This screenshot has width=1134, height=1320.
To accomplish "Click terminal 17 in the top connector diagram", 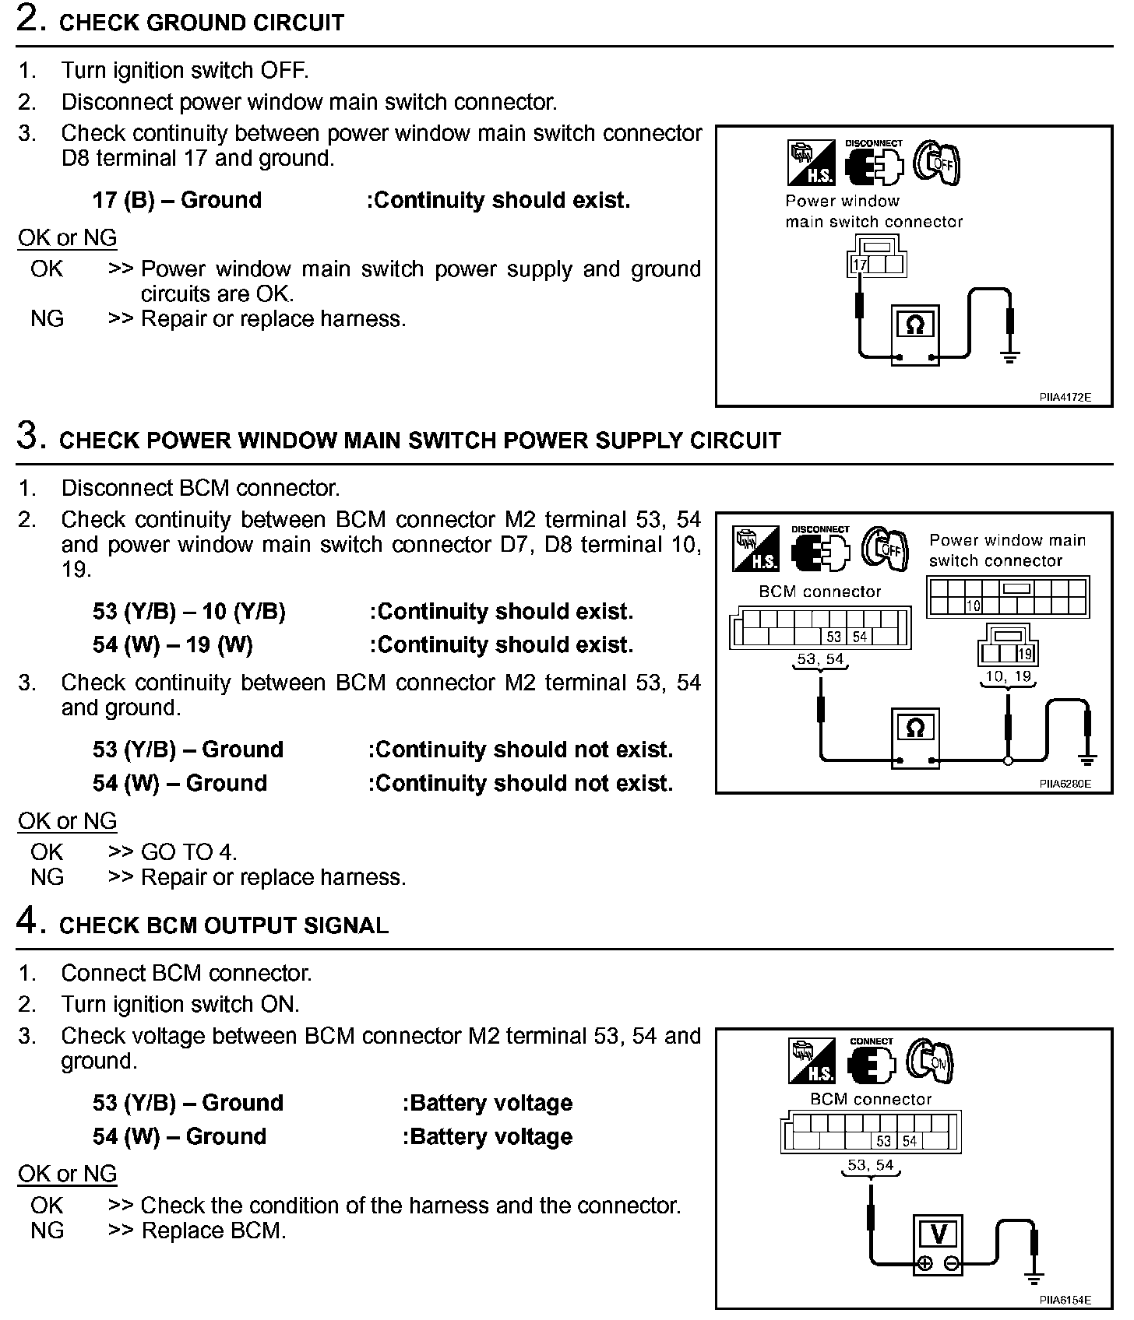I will pyautogui.click(x=859, y=265).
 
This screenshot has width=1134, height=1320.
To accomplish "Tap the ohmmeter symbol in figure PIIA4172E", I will pyautogui.click(x=915, y=325).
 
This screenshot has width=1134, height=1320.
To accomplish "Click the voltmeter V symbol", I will pyautogui.click(x=939, y=1234).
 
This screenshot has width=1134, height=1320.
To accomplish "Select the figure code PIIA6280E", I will pyautogui.click(x=1065, y=784).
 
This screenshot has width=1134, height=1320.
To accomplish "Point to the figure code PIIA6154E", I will pyautogui.click(x=1065, y=1300).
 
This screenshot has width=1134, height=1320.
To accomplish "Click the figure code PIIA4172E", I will pyautogui.click(x=1065, y=397).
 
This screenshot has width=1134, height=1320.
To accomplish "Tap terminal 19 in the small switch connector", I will pyautogui.click(x=1025, y=654).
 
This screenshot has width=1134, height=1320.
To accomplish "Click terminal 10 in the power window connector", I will pyautogui.click(x=974, y=606).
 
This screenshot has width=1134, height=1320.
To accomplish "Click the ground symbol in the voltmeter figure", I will pyautogui.click(x=1034, y=1277).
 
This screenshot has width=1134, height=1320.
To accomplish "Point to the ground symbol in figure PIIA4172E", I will pyautogui.click(x=1010, y=357).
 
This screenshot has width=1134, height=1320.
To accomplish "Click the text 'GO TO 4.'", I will pyautogui.click(x=188, y=852).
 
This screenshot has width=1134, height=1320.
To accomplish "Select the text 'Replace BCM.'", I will pyautogui.click(x=213, y=1230).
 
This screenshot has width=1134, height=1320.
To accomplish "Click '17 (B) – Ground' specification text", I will pyautogui.click(x=177, y=201).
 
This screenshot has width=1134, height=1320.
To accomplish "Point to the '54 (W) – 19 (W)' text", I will pyautogui.click(x=173, y=645).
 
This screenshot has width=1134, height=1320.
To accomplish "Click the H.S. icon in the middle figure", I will pyautogui.click(x=755, y=549).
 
